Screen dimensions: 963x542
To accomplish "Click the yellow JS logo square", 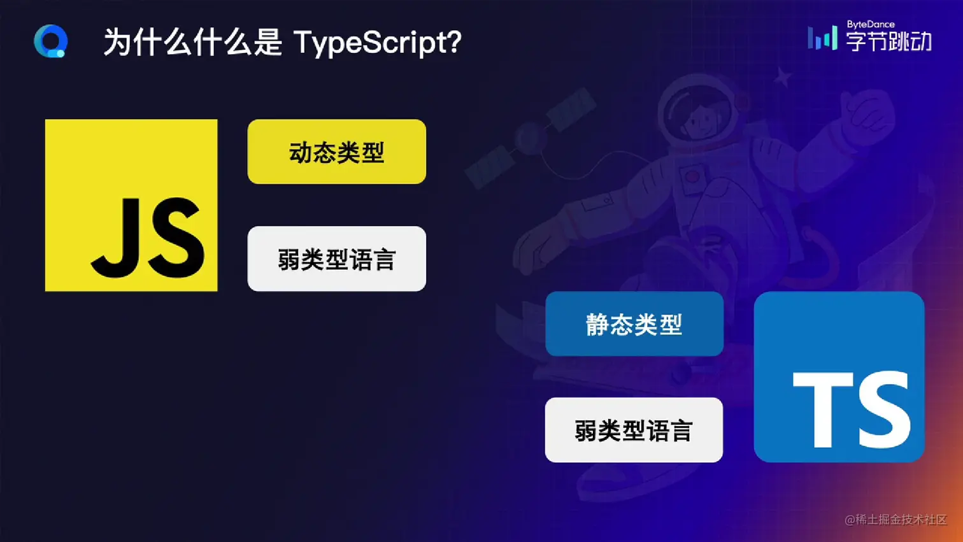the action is pyautogui.click(x=131, y=205).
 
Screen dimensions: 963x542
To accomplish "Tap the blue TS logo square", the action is pyautogui.click(x=839, y=377).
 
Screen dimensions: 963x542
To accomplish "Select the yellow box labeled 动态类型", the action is pyautogui.click(x=337, y=152).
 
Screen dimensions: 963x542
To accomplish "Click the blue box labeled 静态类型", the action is pyautogui.click(x=634, y=324).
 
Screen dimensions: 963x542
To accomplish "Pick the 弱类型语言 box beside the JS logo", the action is pyautogui.click(x=337, y=259).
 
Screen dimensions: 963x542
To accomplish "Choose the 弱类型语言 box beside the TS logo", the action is pyautogui.click(x=634, y=430).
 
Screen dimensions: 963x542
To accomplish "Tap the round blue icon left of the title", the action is pyautogui.click(x=51, y=41).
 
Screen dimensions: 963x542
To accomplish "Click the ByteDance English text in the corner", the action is pyautogui.click(x=871, y=24).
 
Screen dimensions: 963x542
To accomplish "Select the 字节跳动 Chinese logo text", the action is pyautogui.click(x=889, y=41).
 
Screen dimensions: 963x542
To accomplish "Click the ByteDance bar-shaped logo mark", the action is pyautogui.click(x=822, y=38).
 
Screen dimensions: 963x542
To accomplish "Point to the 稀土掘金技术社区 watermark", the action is pyautogui.click(x=895, y=520).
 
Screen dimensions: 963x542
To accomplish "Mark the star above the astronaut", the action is pyautogui.click(x=783, y=77).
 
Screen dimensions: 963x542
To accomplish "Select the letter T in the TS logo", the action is pyautogui.click(x=823, y=410).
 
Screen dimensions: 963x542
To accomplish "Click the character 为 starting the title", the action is pyautogui.click(x=117, y=42).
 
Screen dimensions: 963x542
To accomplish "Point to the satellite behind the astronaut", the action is pyautogui.click(x=531, y=138).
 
